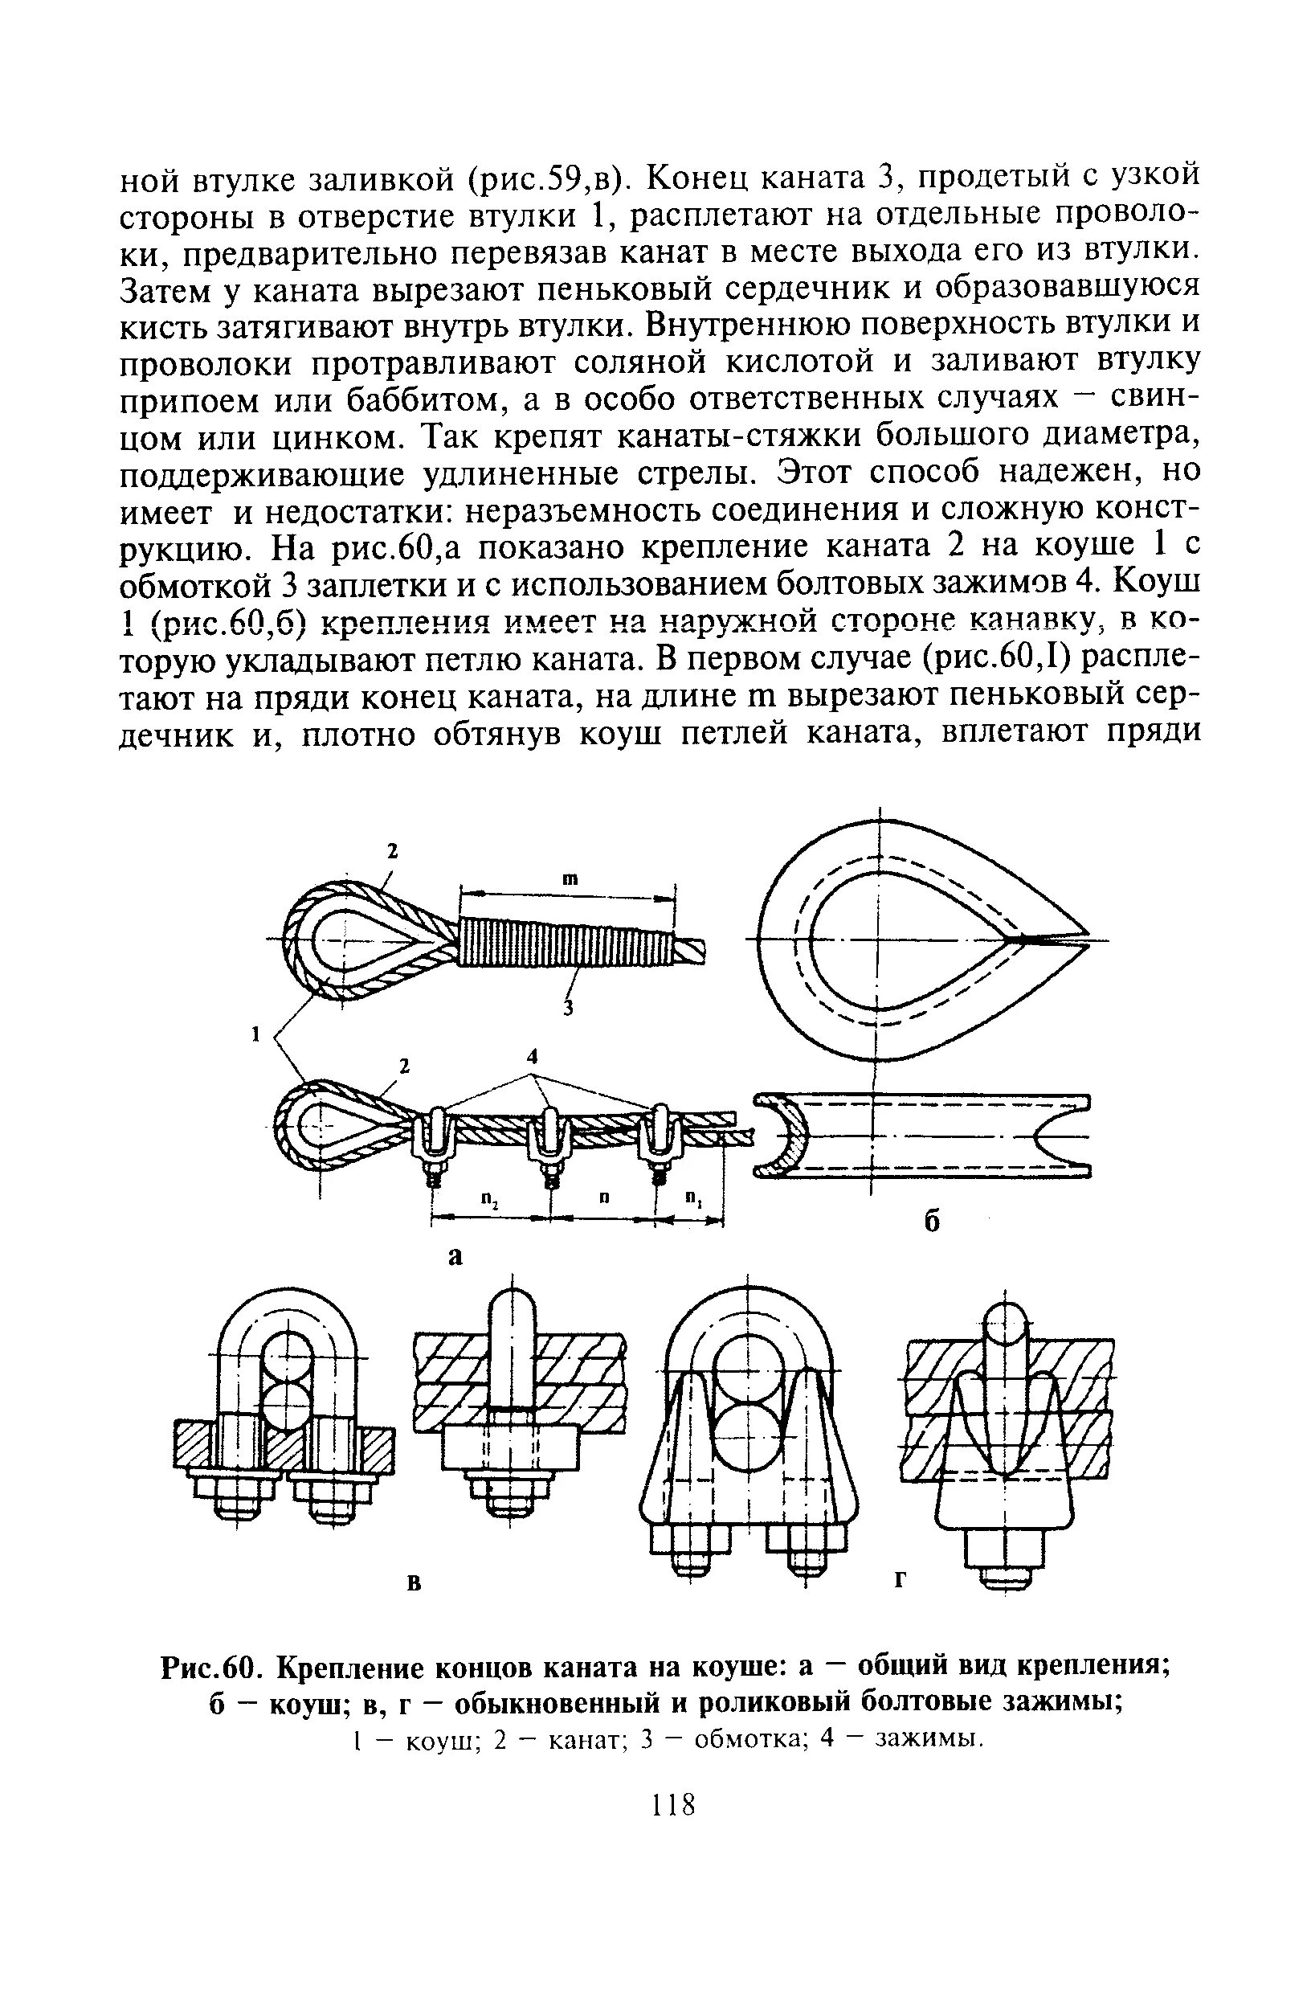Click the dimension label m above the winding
[x=568, y=878]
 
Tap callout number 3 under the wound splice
[x=568, y=1008]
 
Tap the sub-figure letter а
[x=455, y=1256]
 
